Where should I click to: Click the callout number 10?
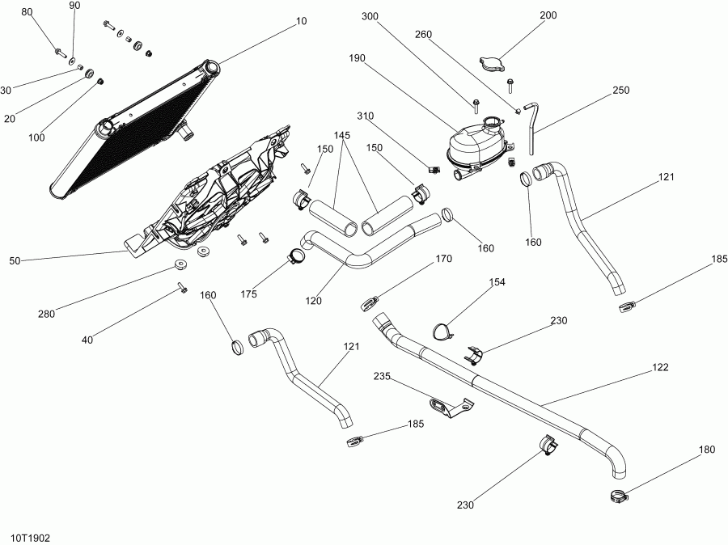tap(302, 22)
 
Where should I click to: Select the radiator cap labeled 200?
tap(491, 64)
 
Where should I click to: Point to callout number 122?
tap(661, 366)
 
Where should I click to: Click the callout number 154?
tap(497, 282)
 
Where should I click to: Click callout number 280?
tap(46, 314)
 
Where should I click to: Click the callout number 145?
tap(344, 136)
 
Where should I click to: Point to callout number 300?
tap(370, 16)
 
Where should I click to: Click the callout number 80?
tap(28, 13)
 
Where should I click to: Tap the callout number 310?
tap(365, 116)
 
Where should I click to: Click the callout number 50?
tap(15, 260)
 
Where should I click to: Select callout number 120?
tap(314, 301)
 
